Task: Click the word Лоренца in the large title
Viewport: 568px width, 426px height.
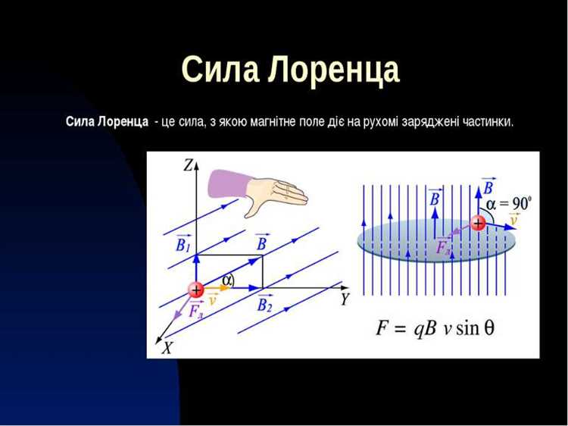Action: pos(333,71)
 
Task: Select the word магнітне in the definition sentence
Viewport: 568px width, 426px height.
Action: pos(285,121)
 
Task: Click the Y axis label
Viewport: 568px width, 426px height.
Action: pos(345,299)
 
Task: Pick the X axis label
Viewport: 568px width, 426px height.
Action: pos(168,348)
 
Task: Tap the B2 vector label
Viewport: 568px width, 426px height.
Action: pos(264,305)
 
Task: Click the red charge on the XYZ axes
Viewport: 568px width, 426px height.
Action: pos(196,290)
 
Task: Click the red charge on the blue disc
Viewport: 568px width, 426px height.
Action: pos(478,222)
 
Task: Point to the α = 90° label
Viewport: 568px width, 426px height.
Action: pos(509,202)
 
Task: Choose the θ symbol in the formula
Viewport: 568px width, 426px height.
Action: pos(489,329)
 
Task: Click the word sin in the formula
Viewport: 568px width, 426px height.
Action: pos(466,329)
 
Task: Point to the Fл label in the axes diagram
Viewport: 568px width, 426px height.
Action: pos(195,312)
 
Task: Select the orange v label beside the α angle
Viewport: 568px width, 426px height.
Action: pos(213,299)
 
